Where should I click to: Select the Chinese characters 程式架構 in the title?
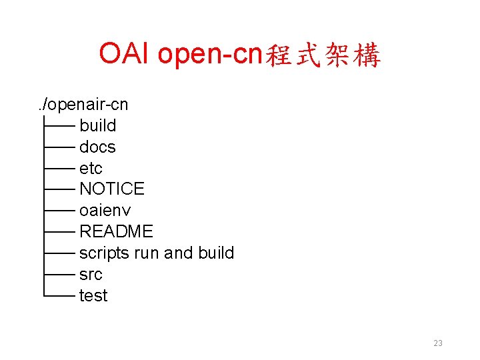click(x=323, y=56)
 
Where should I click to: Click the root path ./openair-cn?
click(x=83, y=104)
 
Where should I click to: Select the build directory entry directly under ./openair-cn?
click(x=97, y=125)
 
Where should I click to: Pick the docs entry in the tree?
click(x=97, y=147)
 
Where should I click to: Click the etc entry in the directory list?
click(x=91, y=168)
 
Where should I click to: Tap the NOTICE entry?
click(x=111, y=189)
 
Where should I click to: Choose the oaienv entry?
click(x=105, y=211)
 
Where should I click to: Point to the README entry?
click(x=116, y=232)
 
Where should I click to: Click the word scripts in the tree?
click(x=104, y=253)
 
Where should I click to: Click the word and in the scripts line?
click(x=177, y=253)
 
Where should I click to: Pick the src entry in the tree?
click(x=91, y=275)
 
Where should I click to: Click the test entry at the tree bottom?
click(x=93, y=296)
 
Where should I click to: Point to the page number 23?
click(x=438, y=343)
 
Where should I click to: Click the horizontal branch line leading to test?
click(x=59, y=296)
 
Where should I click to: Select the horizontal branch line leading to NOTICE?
click(x=59, y=189)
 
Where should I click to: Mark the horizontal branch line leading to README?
click(x=59, y=232)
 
